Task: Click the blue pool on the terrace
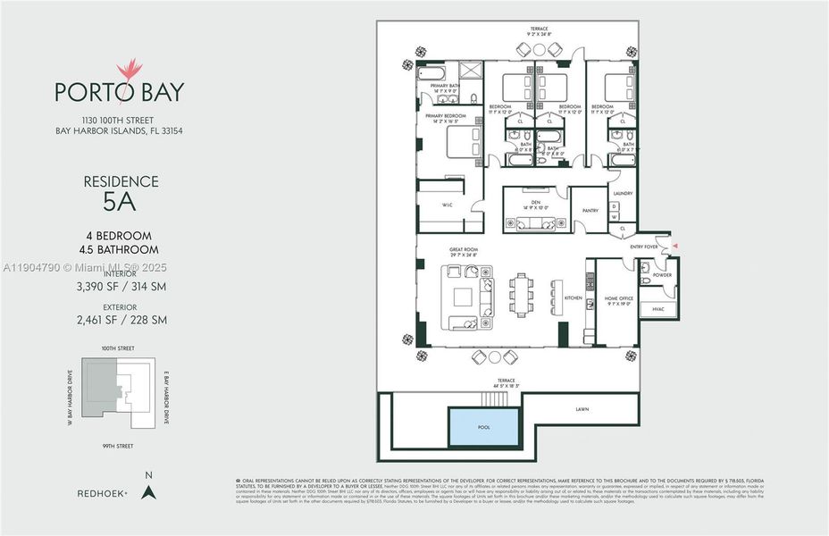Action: pos(483,427)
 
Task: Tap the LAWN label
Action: pos(582,409)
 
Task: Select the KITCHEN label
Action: pos(573,297)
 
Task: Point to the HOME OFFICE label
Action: pos(618,297)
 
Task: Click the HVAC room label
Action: pos(658,309)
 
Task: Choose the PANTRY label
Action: pos(590,211)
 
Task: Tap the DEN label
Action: pos(536,201)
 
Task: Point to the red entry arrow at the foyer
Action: pos(675,245)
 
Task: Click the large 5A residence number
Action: pos(120,202)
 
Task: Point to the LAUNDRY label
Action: pos(622,192)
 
